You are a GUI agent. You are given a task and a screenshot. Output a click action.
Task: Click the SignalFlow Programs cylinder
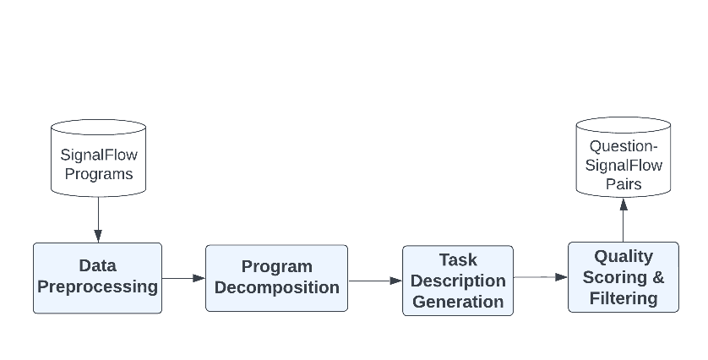pyautogui.click(x=99, y=158)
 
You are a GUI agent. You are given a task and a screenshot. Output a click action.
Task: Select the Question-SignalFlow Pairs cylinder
pyautogui.click(x=624, y=157)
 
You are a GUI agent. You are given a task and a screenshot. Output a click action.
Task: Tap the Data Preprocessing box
pyautogui.click(x=97, y=278)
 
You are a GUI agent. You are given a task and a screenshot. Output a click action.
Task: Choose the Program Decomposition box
pyautogui.click(x=277, y=278)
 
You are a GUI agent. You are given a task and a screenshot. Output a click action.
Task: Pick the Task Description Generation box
pyautogui.click(x=458, y=281)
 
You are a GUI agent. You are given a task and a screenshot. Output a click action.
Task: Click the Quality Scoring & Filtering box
pyautogui.click(x=624, y=277)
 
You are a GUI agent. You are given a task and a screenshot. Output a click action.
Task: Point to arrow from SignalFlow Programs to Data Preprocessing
pyautogui.click(x=98, y=220)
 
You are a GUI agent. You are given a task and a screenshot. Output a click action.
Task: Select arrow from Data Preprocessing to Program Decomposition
pyautogui.click(x=184, y=278)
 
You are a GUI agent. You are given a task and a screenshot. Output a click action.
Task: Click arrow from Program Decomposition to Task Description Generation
pyautogui.click(x=375, y=281)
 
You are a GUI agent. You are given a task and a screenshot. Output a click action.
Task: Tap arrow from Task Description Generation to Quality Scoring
pyautogui.click(x=541, y=277)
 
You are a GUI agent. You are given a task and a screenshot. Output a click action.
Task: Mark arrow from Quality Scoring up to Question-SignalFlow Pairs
pyautogui.click(x=624, y=220)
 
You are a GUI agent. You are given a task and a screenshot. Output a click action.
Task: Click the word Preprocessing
pyautogui.click(x=97, y=286)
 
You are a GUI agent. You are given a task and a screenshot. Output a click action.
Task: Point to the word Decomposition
pyautogui.click(x=277, y=287)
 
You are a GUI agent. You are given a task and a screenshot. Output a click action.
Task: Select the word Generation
pyautogui.click(x=458, y=302)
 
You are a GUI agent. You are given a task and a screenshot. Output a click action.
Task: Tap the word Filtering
pyautogui.click(x=624, y=298)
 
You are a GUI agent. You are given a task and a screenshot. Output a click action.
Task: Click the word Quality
pyautogui.click(x=624, y=257)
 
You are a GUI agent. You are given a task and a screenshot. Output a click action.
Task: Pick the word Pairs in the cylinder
pyautogui.click(x=624, y=184)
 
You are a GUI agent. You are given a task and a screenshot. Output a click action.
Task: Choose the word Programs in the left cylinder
pyautogui.click(x=99, y=174)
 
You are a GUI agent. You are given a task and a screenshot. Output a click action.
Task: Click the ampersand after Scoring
pyautogui.click(x=658, y=277)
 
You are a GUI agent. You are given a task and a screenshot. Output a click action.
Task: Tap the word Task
pyautogui.click(x=458, y=259)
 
